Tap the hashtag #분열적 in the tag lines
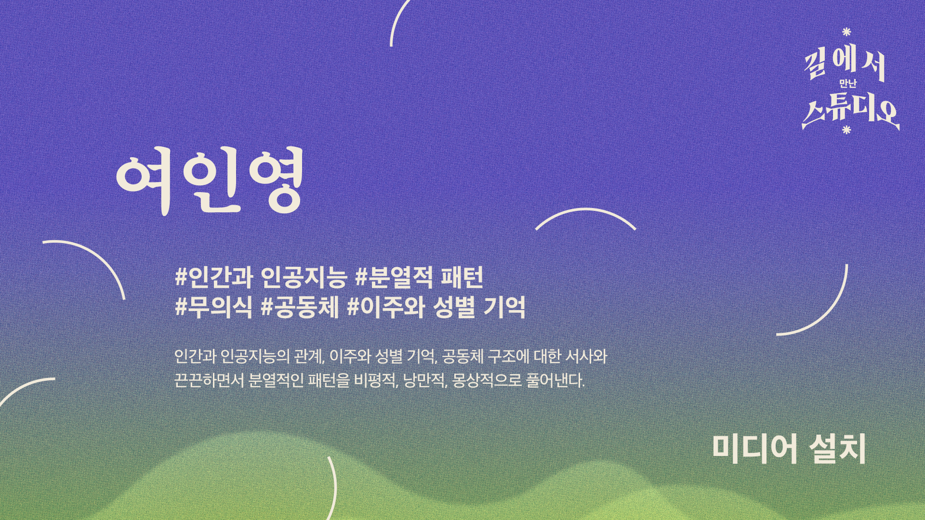[x=391, y=277]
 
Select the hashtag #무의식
[x=213, y=307]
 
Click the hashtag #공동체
[x=299, y=307]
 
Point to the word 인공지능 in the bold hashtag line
[x=304, y=277]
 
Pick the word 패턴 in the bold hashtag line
[x=462, y=277]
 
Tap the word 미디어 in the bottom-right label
[x=754, y=449]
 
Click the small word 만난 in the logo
[x=848, y=84]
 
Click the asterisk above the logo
[x=846, y=32]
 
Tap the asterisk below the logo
[x=846, y=130]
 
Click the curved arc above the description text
[x=586, y=210]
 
